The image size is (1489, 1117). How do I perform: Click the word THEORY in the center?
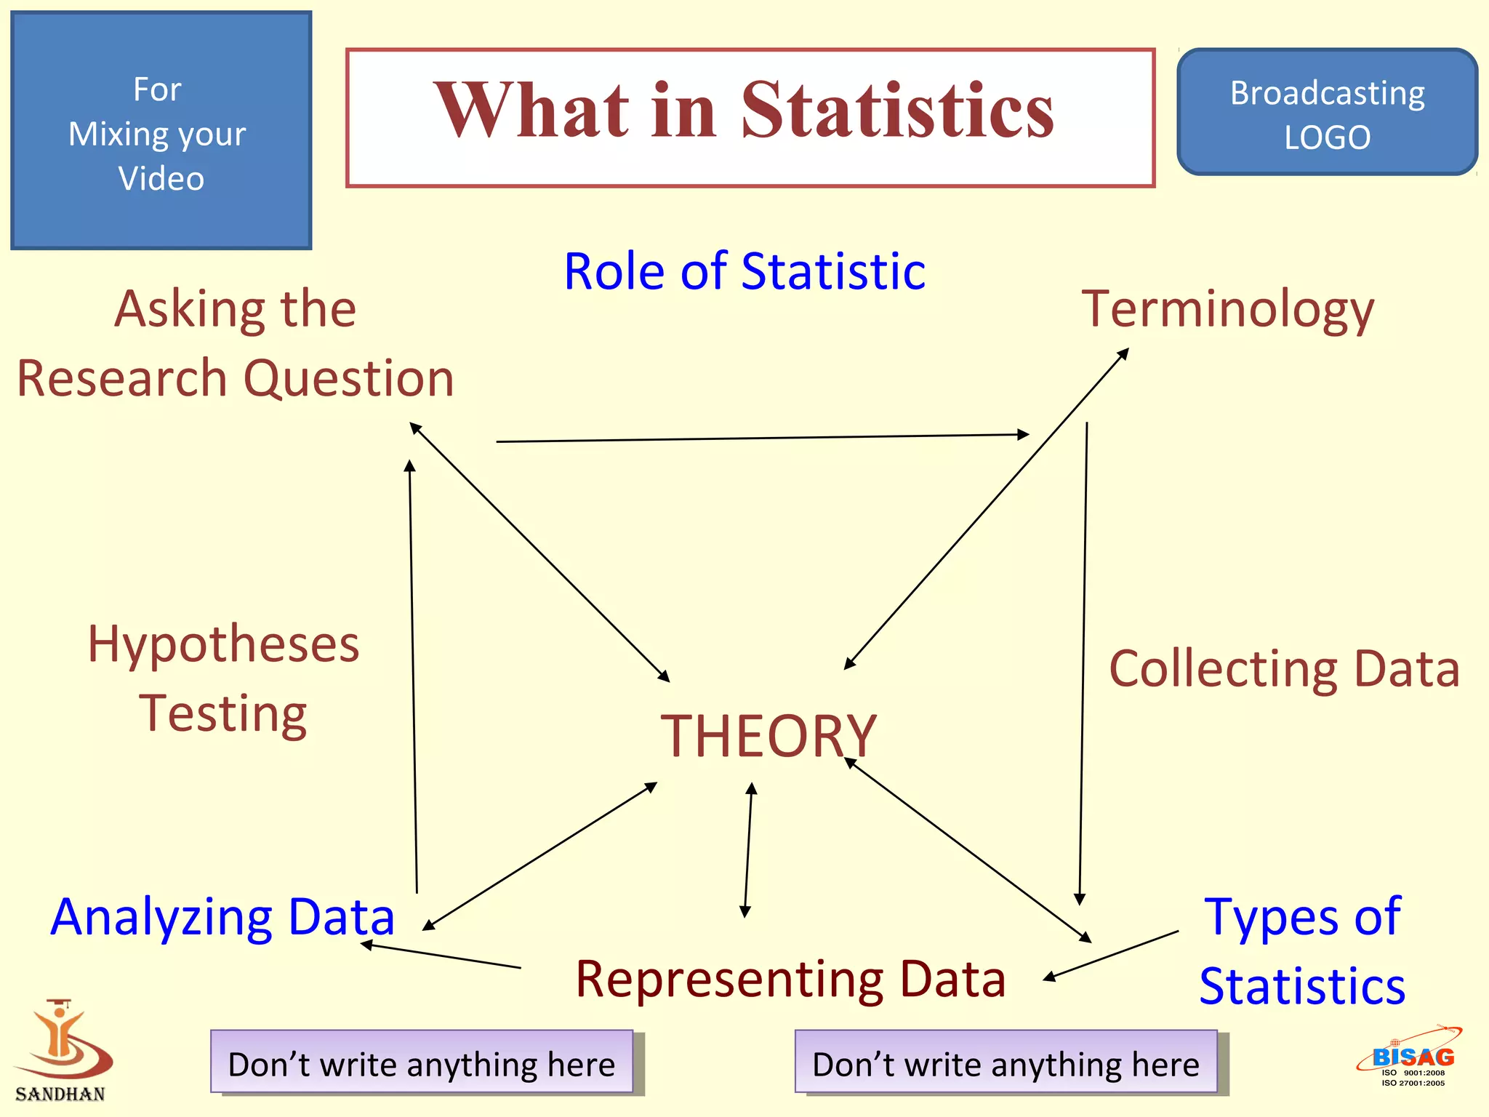point(768,736)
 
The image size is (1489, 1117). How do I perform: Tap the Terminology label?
point(1227,309)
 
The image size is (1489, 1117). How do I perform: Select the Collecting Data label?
point(1284,669)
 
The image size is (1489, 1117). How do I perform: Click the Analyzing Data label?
point(222,917)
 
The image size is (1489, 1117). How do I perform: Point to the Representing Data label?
point(790,979)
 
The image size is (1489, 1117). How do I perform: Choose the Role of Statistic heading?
point(744,271)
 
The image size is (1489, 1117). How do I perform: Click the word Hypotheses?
point(223,644)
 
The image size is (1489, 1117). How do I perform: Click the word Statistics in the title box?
point(897,111)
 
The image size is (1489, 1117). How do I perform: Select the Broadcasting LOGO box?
point(1327,113)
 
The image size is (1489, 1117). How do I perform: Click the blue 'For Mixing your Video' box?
point(161,131)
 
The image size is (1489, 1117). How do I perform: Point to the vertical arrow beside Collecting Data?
point(1083,662)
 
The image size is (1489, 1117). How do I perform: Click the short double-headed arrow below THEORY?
point(748,849)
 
